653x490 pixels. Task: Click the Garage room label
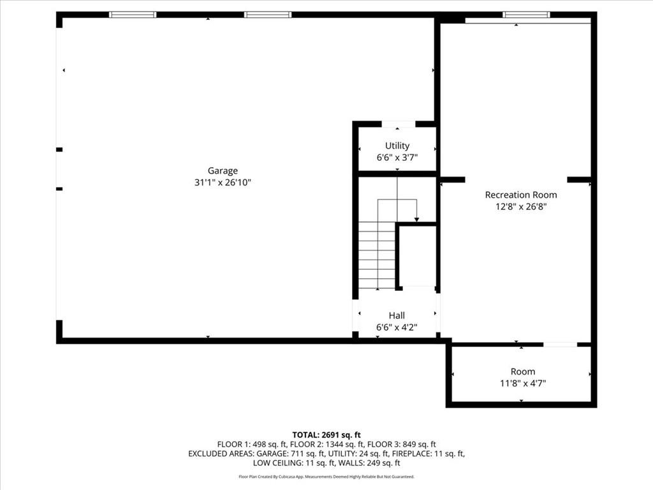click(x=223, y=171)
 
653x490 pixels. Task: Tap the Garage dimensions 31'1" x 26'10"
click(x=223, y=182)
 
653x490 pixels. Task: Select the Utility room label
click(x=397, y=146)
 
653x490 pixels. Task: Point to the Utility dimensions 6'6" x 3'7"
click(x=397, y=158)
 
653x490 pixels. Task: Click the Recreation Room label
click(x=521, y=195)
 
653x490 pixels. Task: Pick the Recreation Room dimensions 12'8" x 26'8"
click(x=521, y=206)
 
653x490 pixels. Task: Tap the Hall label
click(x=397, y=315)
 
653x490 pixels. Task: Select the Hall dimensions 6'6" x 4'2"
click(x=397, y=327)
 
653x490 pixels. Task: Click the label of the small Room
click(x=523, y=371)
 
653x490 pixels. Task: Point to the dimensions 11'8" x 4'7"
click(x=523, y=383)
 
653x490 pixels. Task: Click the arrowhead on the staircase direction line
click(x=416, y=219)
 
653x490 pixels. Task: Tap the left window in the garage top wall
click(x=133, y=15)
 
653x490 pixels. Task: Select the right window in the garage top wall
click(x=268, y=15)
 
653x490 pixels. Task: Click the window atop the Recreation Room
click(x=526, y=15)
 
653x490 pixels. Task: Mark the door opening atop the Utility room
click(x=399, y=124)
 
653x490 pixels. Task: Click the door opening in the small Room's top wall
click(x=560, y=345)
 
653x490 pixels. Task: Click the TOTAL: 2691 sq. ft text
click(x=326, y=435)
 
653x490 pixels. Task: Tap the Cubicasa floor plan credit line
click(x=326, y=476)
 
